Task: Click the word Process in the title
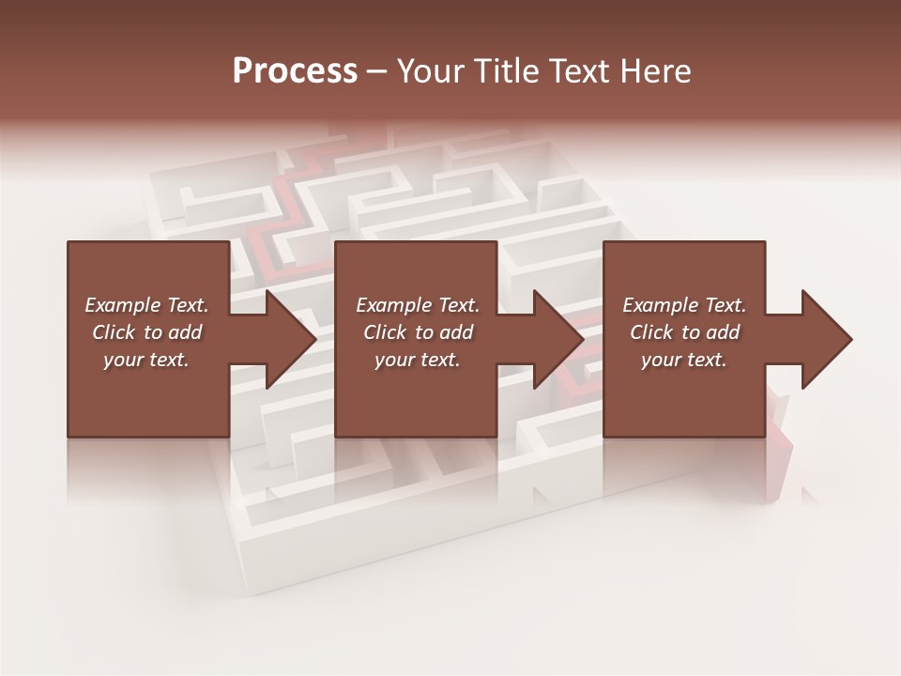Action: tap(295, 71)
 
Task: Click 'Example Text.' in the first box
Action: tap(146, 305)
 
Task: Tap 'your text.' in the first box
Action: tap(146, 360)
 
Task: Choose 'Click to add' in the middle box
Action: tap(418, 332)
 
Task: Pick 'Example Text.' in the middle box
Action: tap(418, 305)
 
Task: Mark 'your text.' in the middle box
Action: tap(418, 360)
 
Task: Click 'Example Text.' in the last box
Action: tap(684, 305)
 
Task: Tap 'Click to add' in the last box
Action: tap(684, 332)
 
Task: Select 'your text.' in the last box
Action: tap(684, 360)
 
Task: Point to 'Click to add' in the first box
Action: tap(146, 332)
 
